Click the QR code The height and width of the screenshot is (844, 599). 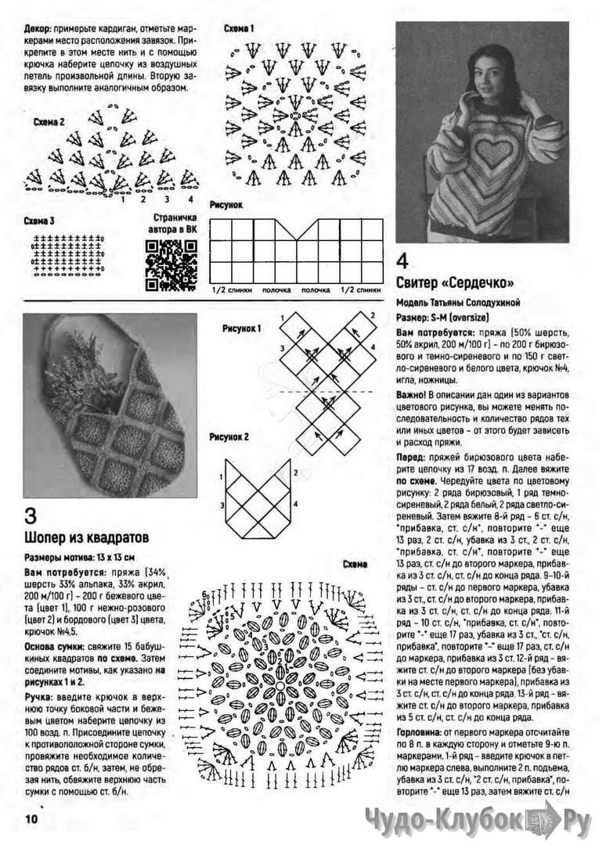click(x=171, y=263)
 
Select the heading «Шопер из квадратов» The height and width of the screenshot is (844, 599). click(x=87, y=538)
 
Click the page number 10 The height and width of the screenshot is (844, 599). click(x=31, y=819)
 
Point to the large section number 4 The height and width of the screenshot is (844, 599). click(x=403, y=260)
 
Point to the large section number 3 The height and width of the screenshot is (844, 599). click(x=31, y=516)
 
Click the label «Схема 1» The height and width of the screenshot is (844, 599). click(x=240, y=29)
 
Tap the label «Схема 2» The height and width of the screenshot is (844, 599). click(x=49, y=122)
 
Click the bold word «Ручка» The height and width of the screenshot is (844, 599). click(x=39, y=696)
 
